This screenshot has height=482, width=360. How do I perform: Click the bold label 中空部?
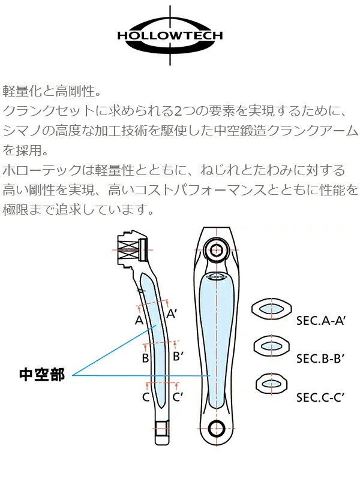(x=42, y=375)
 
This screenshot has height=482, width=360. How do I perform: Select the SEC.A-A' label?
(x=322, y=321)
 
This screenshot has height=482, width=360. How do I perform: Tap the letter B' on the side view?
(x=178, y=356)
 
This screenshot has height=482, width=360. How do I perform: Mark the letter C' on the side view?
(x=178, y=396)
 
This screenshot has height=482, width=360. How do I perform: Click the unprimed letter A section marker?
(x=139, y=320)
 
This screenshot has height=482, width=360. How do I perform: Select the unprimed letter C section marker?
(x=146, y=396)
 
